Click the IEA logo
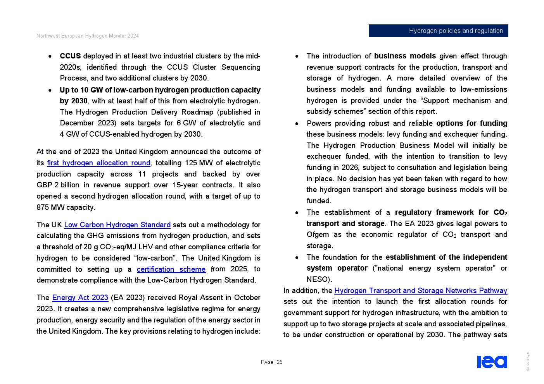coord(492,362)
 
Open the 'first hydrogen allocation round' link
coord(98,163)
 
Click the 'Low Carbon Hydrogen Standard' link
coord(117,225)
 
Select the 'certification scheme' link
coord(171,269)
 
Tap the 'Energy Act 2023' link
coord(80,298)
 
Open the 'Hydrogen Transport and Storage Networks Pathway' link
coord(421,291)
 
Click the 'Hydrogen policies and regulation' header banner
coord(438,31)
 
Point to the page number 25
coord(280,362)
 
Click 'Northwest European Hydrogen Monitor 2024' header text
coord(88,36)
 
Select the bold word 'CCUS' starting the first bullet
coord(70,56)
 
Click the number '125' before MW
coord(191,163)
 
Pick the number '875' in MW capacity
coord(43,207)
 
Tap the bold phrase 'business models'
coord(405,56)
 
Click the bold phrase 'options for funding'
coord(471,123)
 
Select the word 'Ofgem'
coord(318,235)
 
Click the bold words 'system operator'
coord(337,268)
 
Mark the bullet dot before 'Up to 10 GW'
coord(50,91)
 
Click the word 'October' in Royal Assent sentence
coord(247,298)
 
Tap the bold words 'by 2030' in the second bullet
coord(74,101)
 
